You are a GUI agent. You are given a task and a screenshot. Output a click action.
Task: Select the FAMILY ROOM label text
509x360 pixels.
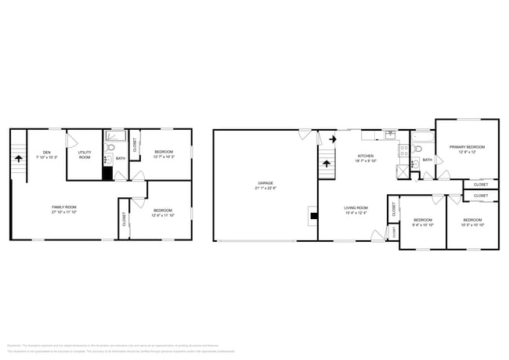click(x=64, y=207)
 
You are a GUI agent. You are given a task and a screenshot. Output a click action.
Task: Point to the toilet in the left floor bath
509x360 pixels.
click(x=112, y=148)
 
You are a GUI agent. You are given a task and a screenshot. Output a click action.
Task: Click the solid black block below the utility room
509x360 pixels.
click(x=106, y=172)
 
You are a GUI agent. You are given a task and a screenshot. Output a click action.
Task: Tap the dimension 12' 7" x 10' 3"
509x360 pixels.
click(x=163, y=157)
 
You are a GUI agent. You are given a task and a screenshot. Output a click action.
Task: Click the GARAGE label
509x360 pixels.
click(x=265, y=182)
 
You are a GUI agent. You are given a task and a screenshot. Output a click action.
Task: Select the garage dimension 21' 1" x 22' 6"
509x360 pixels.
click(x=265, y=188)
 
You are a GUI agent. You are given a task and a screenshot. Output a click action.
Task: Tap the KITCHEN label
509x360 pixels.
click(x=366, y=156)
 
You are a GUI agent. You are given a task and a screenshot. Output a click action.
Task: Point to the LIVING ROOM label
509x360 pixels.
click(x=356, y=207)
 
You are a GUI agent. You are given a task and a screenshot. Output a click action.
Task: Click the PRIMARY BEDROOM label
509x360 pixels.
click(x=467, y=147)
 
